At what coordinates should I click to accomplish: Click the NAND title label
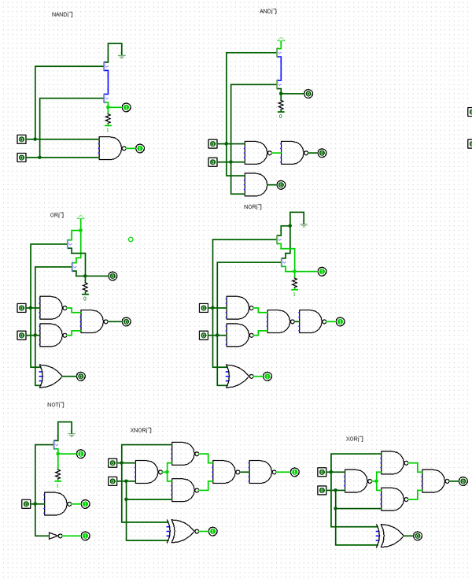click(x=62, y=15)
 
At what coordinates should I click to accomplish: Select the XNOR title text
click(x=141, y=431)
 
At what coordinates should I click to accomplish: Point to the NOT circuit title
click(x=55, y=405)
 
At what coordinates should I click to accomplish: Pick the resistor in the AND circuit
click(x=280, y=105)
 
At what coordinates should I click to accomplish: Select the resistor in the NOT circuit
click(x=57, y=475)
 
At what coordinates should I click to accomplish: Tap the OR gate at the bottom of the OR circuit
click(x=51, y=376)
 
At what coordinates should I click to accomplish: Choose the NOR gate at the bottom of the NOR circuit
click(x=238, y=376)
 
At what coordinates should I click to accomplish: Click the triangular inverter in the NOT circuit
click(x=53, y=536)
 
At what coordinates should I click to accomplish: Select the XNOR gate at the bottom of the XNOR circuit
click(x=181, y=531)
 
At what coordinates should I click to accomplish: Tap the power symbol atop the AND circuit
click(x=281, y=39)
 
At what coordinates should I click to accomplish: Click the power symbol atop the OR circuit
click(x=80, y=217)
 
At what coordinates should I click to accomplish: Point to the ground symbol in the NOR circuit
click(x=304, y=224)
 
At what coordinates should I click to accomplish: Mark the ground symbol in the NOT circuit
click(x=72, y=433)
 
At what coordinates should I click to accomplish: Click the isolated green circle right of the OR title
click(x=131, y=239)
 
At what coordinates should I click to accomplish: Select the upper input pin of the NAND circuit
click(x=21, y=139)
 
